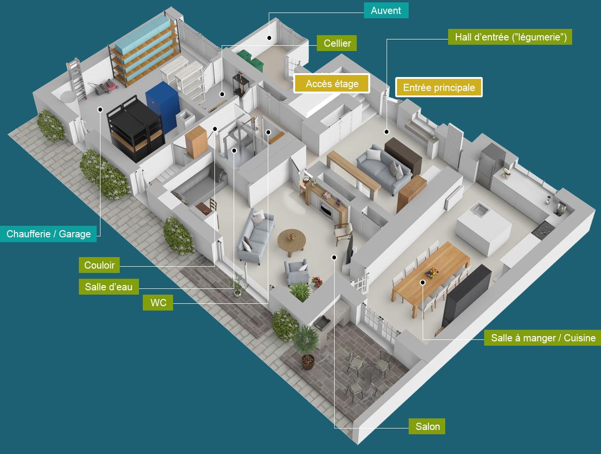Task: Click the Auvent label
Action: point(386,11)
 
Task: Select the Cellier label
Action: point(337,43)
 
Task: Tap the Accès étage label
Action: point(332,84)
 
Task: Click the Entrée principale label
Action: point(439,88)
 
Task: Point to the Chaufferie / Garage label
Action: point(49,234)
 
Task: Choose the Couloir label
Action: point(99,265)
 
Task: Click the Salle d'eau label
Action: point(109,287)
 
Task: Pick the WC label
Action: point(158,303)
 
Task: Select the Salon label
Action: point(427,426)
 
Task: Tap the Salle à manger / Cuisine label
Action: point(543,338)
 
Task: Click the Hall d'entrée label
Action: point(510,37)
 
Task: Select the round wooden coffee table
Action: point(291,241)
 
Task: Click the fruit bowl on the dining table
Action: point(432,273)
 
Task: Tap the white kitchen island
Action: point(484,230)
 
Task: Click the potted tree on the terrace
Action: point(306,346)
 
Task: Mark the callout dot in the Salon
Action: point(334,258)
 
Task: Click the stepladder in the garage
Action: point(76,78)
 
